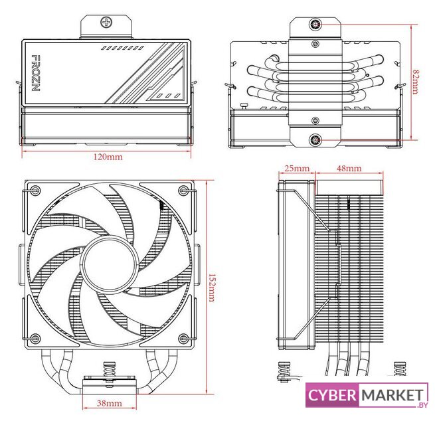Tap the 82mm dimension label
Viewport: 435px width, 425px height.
click(414, 82)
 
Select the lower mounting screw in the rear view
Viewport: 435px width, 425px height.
click(314, 139)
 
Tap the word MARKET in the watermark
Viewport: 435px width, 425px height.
click(392, 395)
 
